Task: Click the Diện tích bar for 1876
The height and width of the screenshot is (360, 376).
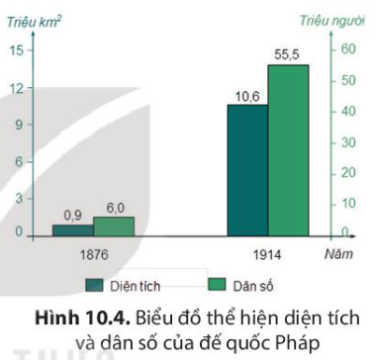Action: pyautogui.click(x=72, y=229)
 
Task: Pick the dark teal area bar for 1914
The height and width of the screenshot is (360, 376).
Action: pyautogui.click(x=247, y=169)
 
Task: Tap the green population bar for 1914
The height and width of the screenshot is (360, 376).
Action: pyautogui.click(x=288, y=149)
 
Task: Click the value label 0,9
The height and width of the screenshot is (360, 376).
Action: pyautogui.click(x=72, y=214)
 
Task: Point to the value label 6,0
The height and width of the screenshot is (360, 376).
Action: pyautogui.click(x=115, y=208)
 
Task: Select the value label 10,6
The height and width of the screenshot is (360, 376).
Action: pyautogui.click(x=246, y=96)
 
